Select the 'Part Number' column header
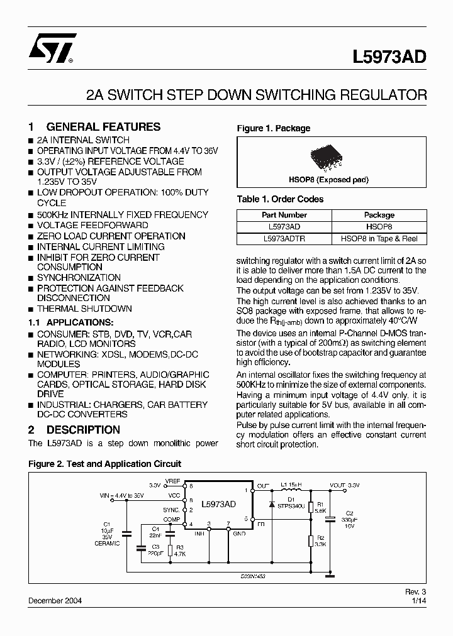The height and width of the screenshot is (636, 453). click(284, 215)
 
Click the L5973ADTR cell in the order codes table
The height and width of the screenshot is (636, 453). click(284, 239)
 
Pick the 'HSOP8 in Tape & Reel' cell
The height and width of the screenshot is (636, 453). click(379, 239)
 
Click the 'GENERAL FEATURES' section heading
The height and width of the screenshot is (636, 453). click(103, 126)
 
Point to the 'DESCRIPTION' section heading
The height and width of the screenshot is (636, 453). click(83, 430)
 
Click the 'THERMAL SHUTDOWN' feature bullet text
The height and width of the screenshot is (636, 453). click(84, 309)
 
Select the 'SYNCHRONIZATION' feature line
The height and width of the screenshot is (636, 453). click(79, 277)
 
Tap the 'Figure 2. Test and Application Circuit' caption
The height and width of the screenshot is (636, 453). click(104, 464)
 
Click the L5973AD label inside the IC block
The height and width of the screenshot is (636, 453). click(218, 504)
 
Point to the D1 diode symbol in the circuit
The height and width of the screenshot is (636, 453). click(271, 505)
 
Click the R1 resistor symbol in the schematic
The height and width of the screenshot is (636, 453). click(310, 507)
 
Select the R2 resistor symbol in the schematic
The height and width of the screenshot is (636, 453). click(310, 541)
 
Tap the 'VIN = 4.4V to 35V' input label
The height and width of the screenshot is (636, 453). click(121, 496)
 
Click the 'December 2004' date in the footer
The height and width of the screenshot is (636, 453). click(55, 600)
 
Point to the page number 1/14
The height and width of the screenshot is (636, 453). click(419, 600)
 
